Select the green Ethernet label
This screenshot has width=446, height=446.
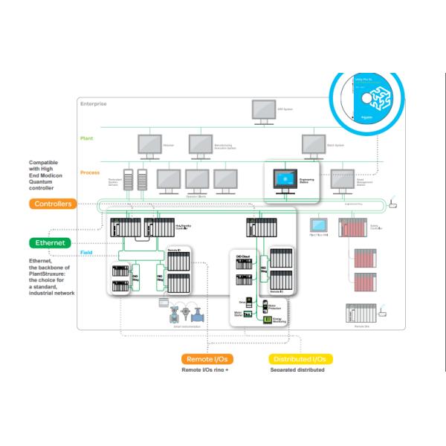pos(51,242)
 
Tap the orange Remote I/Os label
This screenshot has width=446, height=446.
pos(205,358)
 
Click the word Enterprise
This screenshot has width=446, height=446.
pos(93,103)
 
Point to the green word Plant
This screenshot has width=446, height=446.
pos(87,138)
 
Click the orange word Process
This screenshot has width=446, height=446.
pos(91,172)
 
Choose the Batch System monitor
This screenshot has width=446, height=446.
pos(311,142)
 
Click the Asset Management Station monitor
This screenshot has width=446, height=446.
pos(355,178)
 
